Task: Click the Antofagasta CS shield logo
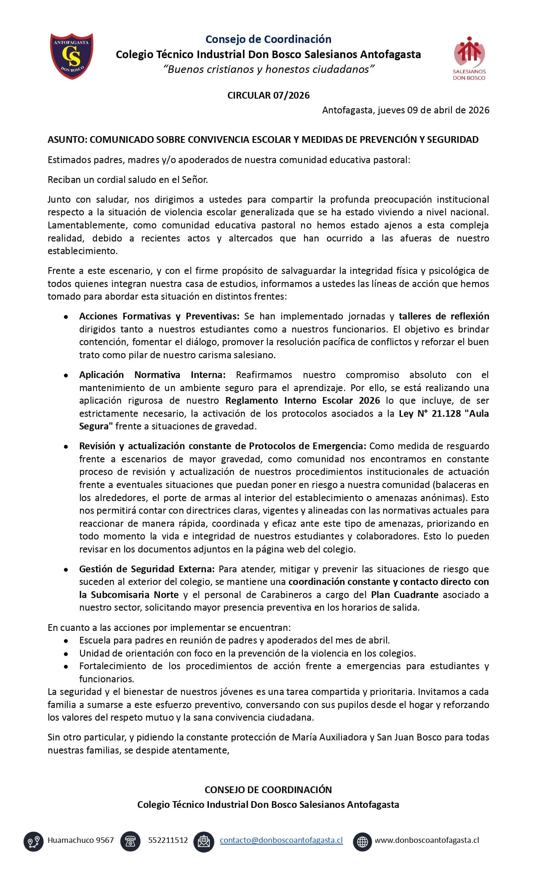point(72,56)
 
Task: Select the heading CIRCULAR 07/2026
point(268,95)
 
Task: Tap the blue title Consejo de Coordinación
point(268,39)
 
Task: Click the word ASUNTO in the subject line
point(66,139)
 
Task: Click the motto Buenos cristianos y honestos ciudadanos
point(268,69)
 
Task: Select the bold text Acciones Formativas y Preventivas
point(159,316)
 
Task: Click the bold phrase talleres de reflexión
point(443,316)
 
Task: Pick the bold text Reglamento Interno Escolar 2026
point(302,400)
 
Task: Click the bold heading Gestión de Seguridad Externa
point(147,569)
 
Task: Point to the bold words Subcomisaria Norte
point(135,595)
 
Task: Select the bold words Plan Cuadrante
point(404,595)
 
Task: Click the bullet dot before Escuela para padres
point(66,641)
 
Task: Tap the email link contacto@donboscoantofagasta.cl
point(281,840)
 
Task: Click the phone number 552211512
point(168,840)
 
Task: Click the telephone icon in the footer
point(130,841)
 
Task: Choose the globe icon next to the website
point(362,841)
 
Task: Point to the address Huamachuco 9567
point(80,840)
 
